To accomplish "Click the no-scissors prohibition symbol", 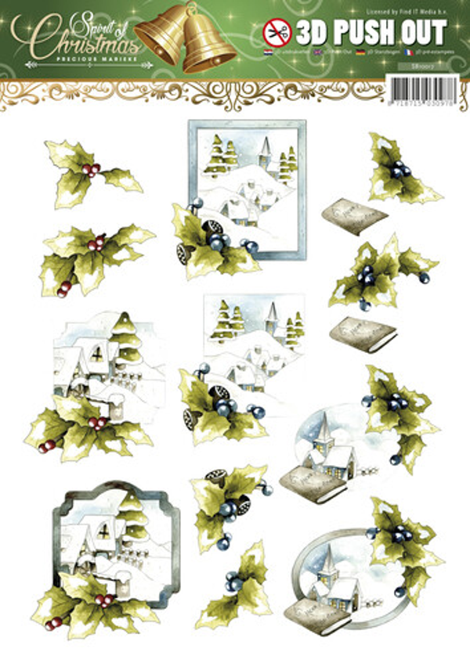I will click(277, 32).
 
